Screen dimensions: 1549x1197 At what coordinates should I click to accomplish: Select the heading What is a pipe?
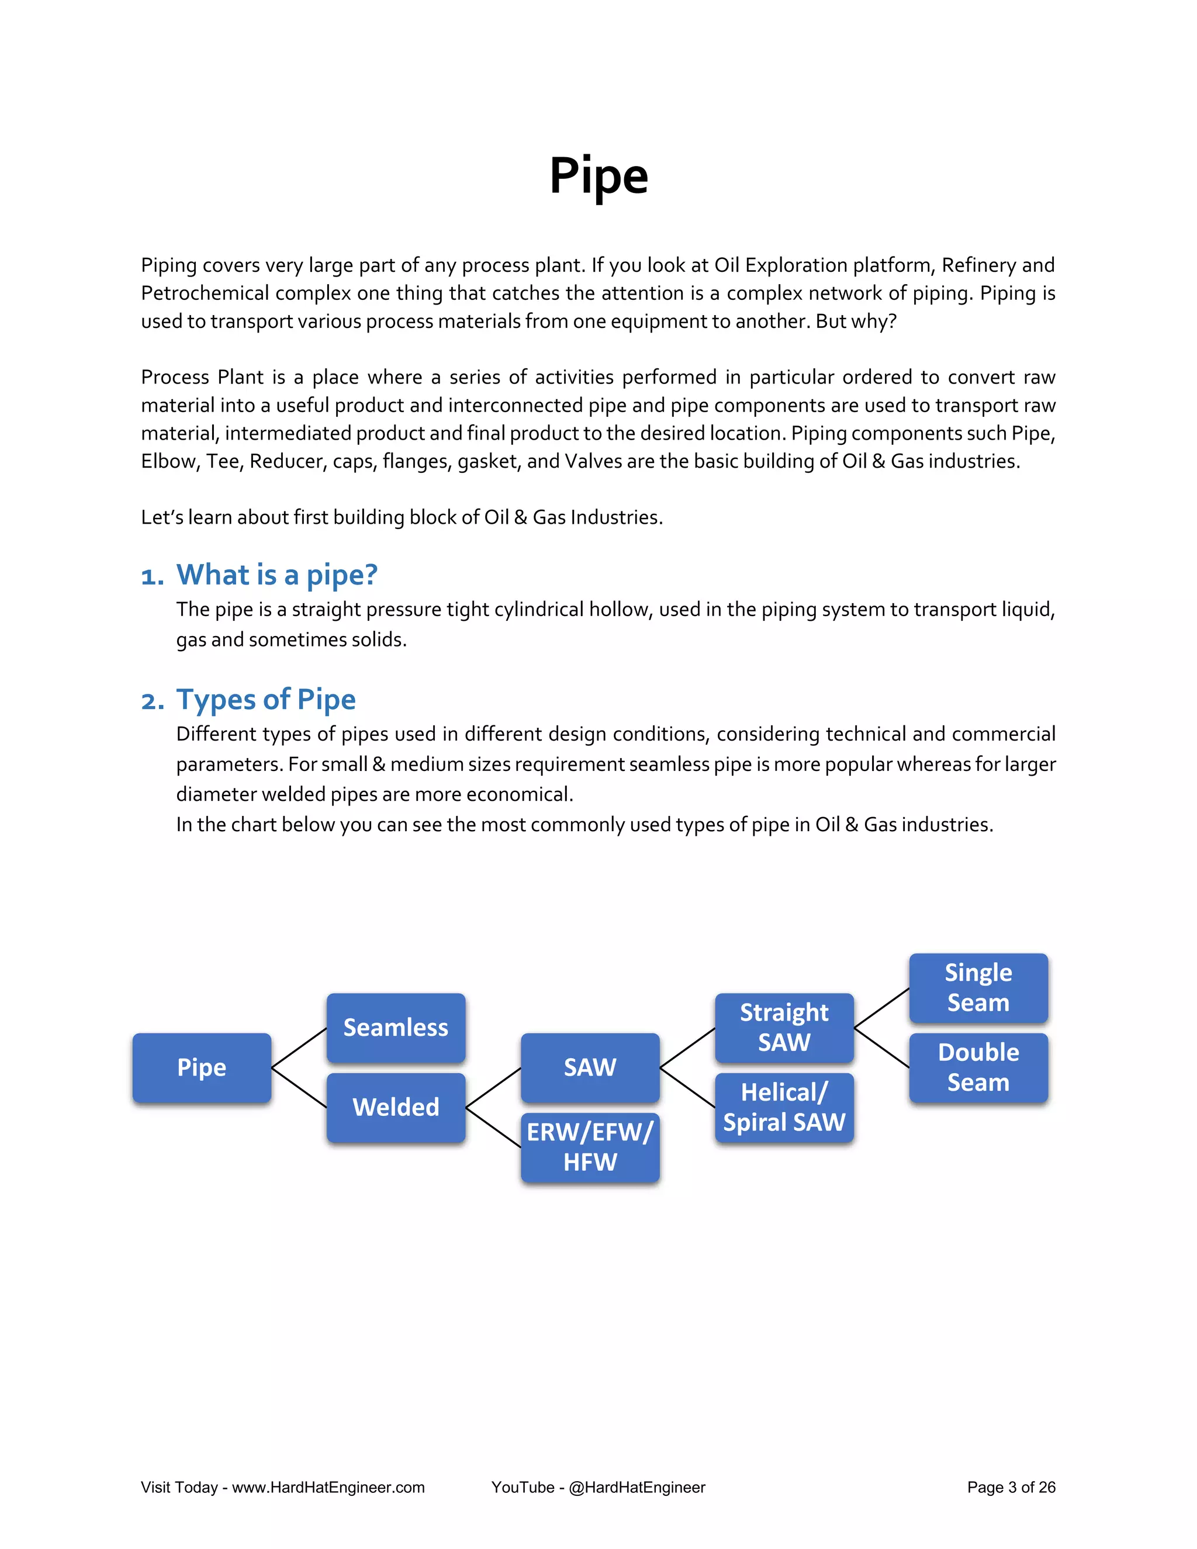(x=276, y=575)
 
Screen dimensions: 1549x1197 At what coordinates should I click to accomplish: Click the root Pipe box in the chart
(x=202, y=1067)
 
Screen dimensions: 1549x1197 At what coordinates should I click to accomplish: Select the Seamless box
(x=396, y=1027)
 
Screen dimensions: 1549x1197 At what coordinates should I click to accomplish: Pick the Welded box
(x=396, y=1107)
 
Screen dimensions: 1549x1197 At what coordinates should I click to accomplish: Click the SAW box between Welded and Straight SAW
(x=590, y=1067)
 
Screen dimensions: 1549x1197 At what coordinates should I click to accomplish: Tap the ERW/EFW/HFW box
(x=590, y=1147)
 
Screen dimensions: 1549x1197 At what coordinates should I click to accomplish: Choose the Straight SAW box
(x=784, y=1027)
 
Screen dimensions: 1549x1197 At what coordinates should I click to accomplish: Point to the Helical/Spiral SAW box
(x=784, y=1107)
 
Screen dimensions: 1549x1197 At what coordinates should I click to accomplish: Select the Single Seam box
(x=978, y=987)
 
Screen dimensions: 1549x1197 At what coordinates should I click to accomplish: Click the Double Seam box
(x=978, y=1067)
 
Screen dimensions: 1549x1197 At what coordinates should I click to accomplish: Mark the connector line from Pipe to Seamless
(x=299, y=1047)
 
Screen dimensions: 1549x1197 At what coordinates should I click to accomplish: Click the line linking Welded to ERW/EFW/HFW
(x=493, y=1128)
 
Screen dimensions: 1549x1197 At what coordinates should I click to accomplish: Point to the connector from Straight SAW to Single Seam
(x=881, y=1008)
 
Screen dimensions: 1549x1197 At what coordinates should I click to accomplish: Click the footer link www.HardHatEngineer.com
(x=328, y=1487)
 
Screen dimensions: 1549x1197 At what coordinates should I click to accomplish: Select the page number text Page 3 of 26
(x=1011, y=1487)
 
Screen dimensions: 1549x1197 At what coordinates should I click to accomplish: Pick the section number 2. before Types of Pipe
(x=153, y=701)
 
